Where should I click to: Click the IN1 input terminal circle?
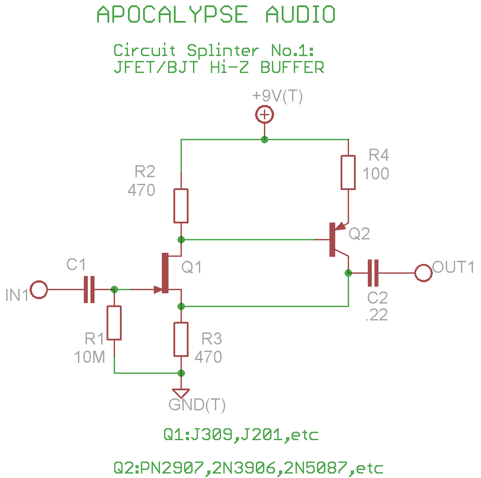39,290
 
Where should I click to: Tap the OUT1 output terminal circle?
423,273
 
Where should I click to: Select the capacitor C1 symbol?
90,290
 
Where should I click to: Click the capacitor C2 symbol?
373,273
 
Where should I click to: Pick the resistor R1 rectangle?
114,323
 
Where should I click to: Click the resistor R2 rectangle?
181,206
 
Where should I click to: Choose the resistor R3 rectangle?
181,339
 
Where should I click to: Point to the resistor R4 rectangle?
348,172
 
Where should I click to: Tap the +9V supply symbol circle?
264,115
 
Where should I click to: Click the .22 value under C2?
377,315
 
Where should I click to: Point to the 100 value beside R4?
375,174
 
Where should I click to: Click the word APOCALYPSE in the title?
172,15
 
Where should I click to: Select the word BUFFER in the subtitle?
292,68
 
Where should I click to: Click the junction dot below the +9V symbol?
264,139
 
